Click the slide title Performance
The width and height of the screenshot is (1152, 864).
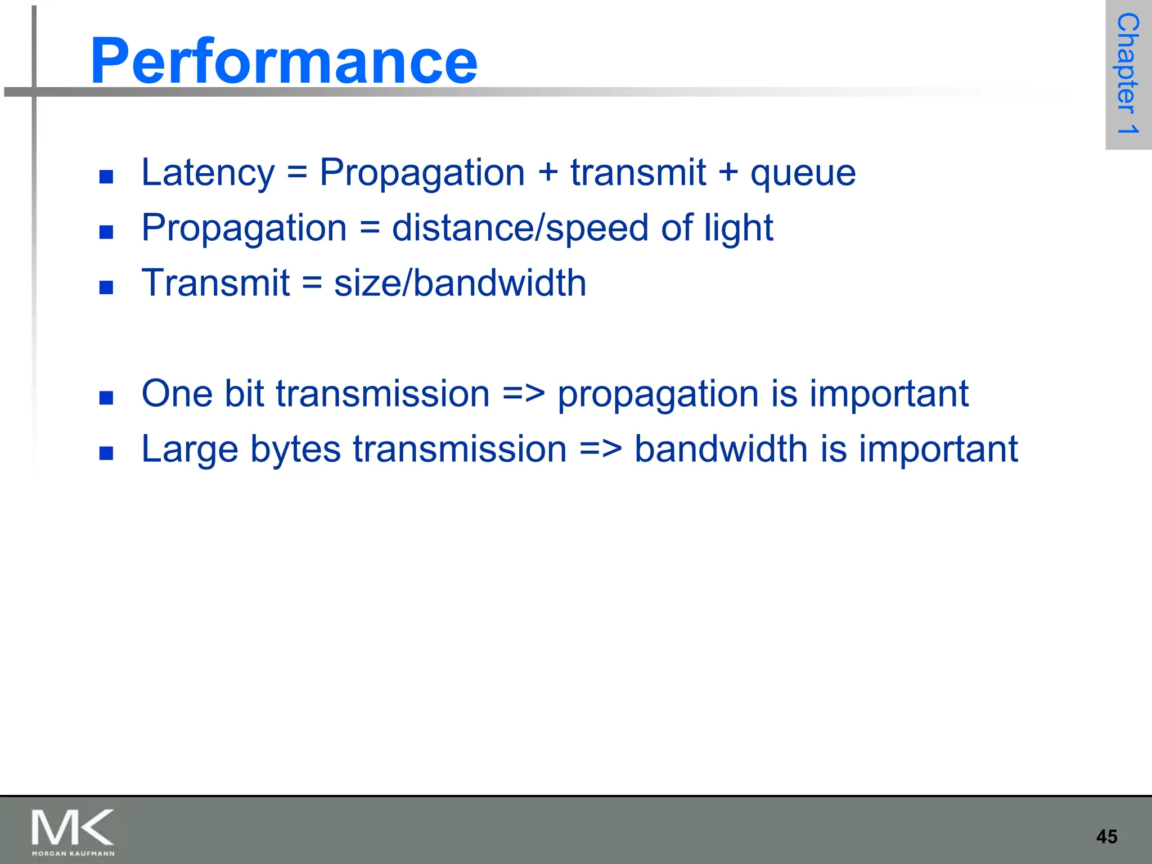pyautogui.click(x=283, y=61)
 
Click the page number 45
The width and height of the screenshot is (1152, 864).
pyautogui.click(x=1106, y=836)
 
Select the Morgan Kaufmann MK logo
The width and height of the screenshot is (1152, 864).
pyautogui.click(x=73, y=831)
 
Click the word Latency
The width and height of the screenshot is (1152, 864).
pyautogui.click(x=208, y=172)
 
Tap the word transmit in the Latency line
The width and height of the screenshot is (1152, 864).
pyautogui.click(x=638, y=172)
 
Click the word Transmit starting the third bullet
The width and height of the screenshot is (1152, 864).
pyautogui.click(x=215, y=282)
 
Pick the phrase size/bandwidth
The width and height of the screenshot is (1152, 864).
pyautogui.click(x=460, y=282)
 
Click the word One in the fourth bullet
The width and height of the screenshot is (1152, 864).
pyautogui.click(x=177, y=393)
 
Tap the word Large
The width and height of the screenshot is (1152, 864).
pyautogui.click(x=190, y=450)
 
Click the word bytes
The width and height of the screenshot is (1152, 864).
pyautogui.click(x=295, y=450)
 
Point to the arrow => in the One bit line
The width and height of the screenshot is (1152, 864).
pyautogui.click(x=523, y=393)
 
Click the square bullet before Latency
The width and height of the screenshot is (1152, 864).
pyautogui.click(x=106, y=177)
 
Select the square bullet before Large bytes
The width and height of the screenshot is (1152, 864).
pyautogui.click(x=106, y=453)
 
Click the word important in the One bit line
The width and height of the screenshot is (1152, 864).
pyautogui.click(x=889, y=394)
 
